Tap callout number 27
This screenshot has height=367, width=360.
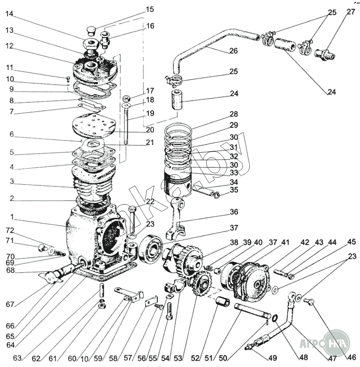click(x=351, y=12)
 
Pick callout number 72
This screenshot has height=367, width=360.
click(x=10, y=230)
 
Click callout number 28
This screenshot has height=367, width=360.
click(x=233, y=114)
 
